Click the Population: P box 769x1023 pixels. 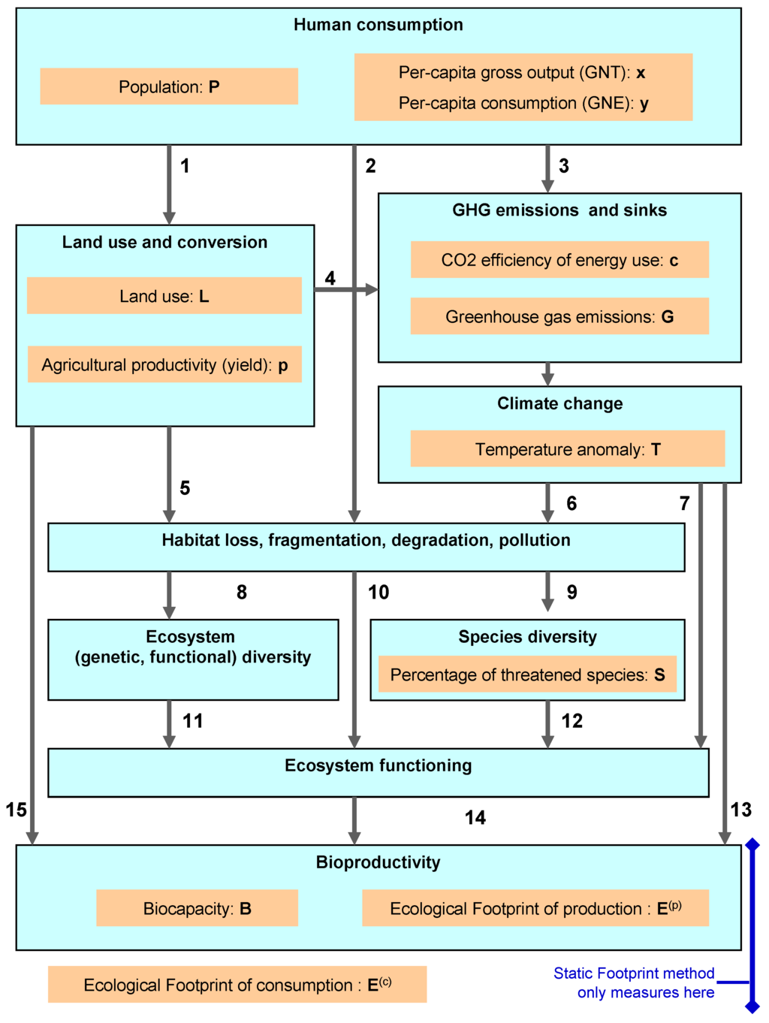pos(169,86)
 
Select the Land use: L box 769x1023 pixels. pos(164,296)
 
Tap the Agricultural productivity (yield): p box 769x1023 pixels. pos(164,365)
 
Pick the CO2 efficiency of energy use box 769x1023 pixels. pos(559,260)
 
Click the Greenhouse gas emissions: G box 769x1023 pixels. pos(559,317)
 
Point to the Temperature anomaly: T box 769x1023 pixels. pos(567,449)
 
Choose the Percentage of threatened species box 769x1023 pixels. pos(527,674)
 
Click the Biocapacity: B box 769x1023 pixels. pos(197,908)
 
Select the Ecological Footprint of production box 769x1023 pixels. pos(535,908)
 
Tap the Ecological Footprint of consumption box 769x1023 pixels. pos(237,985)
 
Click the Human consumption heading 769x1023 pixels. pos(378,25)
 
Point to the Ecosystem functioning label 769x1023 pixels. pos(378,765)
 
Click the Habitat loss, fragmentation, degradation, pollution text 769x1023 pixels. pos(366,540)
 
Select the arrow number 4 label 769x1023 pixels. pos(330,279)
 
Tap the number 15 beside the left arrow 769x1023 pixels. pos(16,810)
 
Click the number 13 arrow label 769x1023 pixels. pos(740,810)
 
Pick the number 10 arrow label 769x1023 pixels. pos(378,593)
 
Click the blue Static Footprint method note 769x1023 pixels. pos(635,982)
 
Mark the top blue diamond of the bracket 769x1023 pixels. pos(752,845)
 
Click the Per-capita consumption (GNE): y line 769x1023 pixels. pos(523,104)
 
